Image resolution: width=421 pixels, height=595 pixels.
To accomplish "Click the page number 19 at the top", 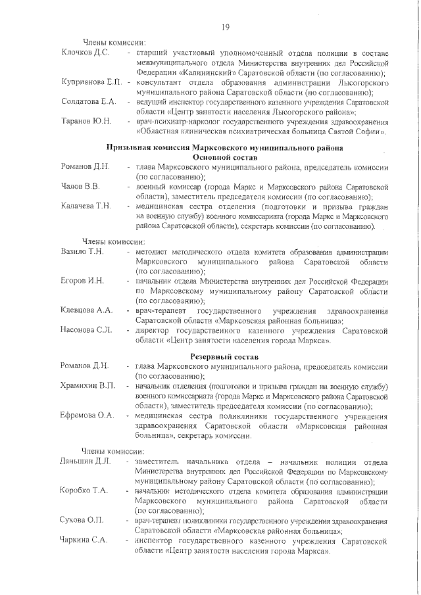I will pos(224,28).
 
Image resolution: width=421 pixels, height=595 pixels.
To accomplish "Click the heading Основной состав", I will pos(225,158).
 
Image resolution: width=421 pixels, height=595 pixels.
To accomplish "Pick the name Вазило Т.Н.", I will pos(82,252).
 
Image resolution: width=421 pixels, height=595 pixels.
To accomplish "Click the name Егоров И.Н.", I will pos(82,281).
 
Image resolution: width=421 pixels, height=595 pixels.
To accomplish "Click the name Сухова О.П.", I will pos(82,520).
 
